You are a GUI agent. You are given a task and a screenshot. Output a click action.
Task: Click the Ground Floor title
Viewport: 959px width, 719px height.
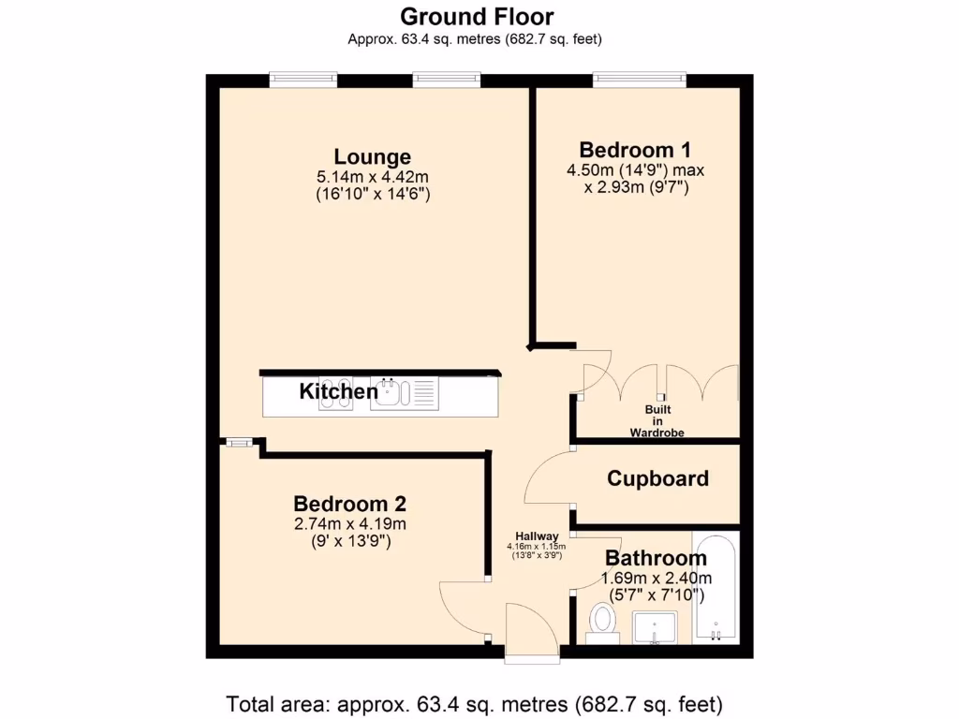coord(477,17)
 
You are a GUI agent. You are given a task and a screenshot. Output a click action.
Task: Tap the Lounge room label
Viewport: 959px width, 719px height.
coord(372,156)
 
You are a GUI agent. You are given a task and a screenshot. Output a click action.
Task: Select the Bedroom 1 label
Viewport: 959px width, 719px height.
coord(635,150)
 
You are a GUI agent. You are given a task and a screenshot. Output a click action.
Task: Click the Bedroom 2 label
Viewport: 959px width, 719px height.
coord(349,503)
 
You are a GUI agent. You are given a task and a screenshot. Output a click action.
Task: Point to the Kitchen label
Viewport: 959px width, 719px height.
coord(338,391)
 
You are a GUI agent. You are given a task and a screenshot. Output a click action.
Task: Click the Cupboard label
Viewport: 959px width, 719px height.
coord(657,478)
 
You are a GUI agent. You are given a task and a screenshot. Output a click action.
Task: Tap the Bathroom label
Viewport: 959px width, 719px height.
coord(656,559)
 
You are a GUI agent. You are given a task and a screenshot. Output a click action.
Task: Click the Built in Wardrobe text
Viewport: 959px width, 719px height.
coord(657,421)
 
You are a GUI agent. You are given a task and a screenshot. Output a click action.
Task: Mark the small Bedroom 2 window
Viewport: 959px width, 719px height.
coord(237,442)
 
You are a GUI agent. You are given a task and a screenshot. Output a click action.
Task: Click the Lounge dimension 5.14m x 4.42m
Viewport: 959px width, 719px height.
coord(373,177)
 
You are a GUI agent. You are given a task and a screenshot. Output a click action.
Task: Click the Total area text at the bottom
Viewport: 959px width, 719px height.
coord(475,702)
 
